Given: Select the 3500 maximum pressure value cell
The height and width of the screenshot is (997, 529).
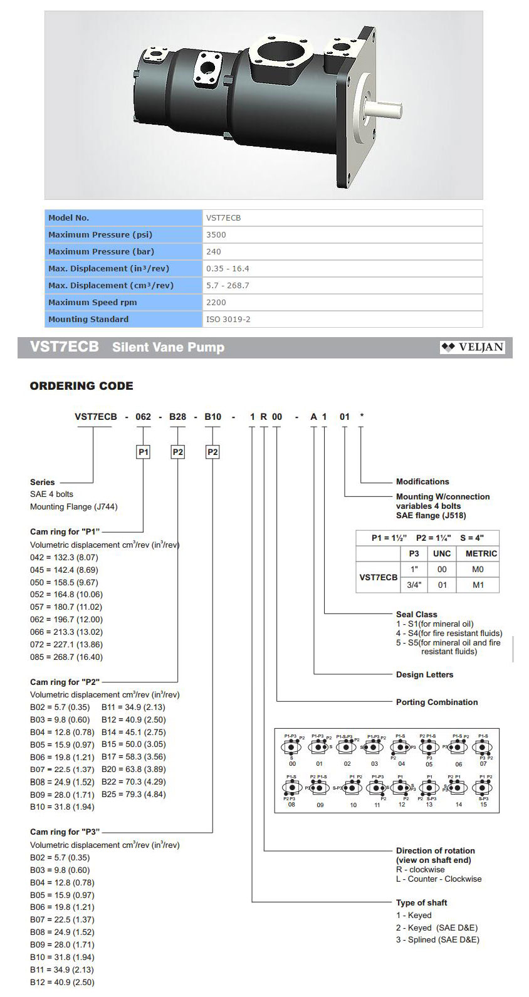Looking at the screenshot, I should click(216, 234).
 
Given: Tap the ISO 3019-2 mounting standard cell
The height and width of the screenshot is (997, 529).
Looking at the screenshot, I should click(228, 319).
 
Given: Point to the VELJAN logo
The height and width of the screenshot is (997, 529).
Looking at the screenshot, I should click(473, 347).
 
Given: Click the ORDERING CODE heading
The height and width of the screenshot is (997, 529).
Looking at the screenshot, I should click(81, 386).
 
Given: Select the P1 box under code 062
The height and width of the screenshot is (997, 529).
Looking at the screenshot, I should click(144, 452).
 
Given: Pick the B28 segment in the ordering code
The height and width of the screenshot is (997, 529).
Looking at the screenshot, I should click(178, 417).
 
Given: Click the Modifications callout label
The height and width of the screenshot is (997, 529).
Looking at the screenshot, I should click(422, 482).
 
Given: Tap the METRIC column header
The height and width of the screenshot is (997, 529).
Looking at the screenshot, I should click(481, 554).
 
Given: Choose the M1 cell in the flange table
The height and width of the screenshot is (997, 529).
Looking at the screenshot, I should click(478, 585).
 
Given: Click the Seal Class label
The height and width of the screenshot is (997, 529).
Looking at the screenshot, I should click(417, 614).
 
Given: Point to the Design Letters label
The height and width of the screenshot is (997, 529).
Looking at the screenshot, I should click(424, 675).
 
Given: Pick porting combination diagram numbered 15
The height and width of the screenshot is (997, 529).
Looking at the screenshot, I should click(483, 788).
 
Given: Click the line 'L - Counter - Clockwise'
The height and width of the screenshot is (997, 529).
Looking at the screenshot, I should click(439, 879).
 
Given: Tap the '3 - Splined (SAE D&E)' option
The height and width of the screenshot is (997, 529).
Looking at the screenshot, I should click(437, 939).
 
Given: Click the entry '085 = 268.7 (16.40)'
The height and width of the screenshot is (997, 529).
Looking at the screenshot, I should click(66, 657).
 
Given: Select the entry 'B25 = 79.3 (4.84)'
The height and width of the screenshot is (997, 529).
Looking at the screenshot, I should click(134, 795).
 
